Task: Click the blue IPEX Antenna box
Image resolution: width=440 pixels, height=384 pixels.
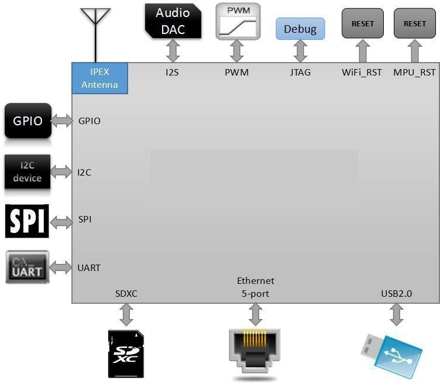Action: click(99, 78)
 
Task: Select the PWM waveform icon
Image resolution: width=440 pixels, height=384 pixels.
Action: click(237, 21)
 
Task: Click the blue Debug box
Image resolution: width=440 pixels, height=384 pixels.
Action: click(300, 29)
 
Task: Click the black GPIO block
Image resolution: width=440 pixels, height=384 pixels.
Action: click(28, 121)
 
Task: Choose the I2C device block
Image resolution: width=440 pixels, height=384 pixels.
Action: click(27, 172)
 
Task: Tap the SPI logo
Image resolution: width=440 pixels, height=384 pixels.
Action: click(27, 221)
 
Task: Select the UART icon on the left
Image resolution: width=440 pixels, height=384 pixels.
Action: click(27, 268)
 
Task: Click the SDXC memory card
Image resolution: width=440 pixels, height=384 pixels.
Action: click(126, 353)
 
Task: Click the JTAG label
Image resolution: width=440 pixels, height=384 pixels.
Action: click(300, 73)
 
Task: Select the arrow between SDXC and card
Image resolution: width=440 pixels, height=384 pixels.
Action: click(126, 316)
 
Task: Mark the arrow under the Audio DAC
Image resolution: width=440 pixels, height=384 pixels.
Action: click(173, 51)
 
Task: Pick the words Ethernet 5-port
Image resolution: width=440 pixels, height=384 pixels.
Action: click(255, 287)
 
